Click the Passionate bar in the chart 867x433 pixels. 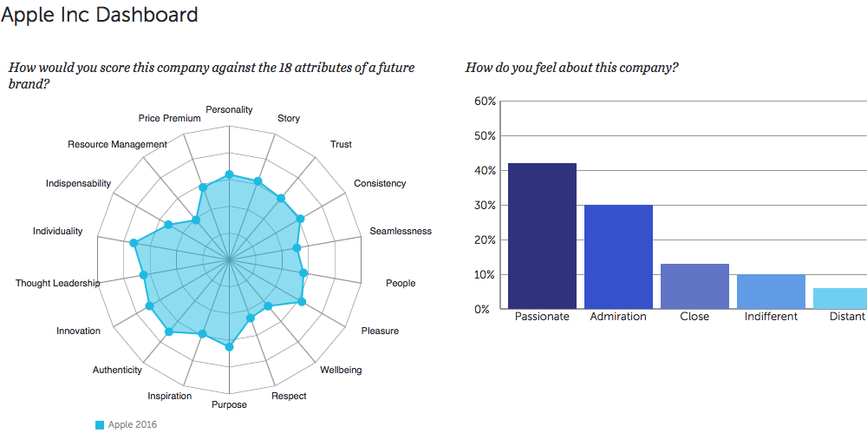point(542,235)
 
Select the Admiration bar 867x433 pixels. point(618,256)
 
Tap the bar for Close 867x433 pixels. point(694,285)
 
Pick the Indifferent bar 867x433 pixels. point(771,291)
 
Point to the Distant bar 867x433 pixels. point(840,298)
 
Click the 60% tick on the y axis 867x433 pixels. point(486,102)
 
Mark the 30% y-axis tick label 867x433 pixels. point(486,206)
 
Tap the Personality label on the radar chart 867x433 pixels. point(229,110)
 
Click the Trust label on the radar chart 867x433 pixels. point(341,144)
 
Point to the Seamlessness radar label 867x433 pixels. point(400,231)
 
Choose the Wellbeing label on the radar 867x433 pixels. point(341,371)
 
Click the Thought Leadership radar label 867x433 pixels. point(57,284)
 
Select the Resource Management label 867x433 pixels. point(117,144)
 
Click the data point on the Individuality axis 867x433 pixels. point(134,244)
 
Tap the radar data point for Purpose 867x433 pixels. point(229,347)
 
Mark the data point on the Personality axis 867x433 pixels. point(229,175)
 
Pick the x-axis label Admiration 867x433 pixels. point(618,317)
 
